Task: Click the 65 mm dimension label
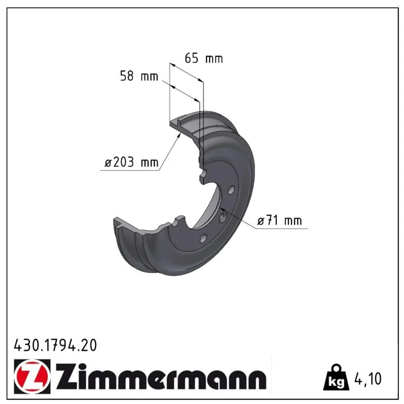(x=204, y=59)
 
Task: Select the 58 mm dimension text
(x=139, y=76)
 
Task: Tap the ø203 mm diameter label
(x=131, y=162)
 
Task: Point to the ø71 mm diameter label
(x=279, y=221)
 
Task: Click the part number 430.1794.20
(x=56, y=345)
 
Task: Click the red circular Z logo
(x=32, y=376)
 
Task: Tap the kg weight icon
(x=336, y=377)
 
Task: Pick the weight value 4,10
(x=368, y=379)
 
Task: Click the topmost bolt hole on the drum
(x=231, y=190)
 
